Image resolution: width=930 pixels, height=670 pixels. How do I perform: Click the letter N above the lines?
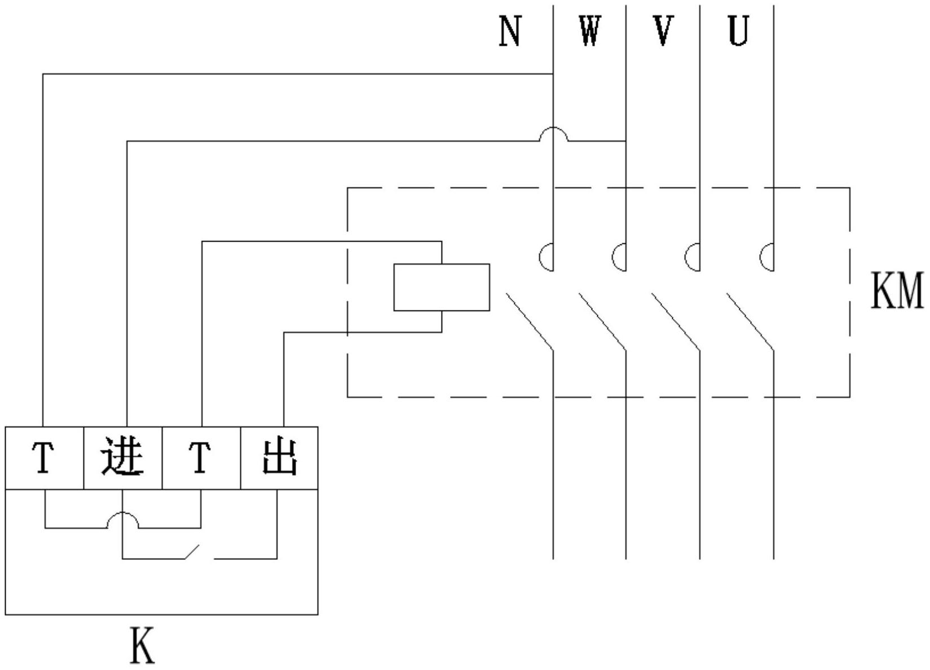510,32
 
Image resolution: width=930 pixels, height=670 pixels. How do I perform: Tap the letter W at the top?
589,32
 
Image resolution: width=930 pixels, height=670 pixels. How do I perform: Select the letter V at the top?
663,32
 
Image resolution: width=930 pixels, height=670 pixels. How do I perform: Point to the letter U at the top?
738,32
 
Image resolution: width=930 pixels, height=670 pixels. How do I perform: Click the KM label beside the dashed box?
897,290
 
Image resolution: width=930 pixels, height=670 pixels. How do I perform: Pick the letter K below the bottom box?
142,645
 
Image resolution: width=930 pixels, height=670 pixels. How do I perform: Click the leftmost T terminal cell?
44,458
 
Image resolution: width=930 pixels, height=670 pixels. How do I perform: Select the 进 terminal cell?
122,458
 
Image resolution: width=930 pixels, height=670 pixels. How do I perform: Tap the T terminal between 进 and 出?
201,458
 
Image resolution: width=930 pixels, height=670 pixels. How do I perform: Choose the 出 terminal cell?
279,458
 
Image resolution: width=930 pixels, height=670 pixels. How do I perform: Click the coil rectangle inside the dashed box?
442,287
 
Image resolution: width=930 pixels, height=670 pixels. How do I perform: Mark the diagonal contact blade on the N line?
529,321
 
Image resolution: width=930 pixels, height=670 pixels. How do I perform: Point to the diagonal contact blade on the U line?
750,321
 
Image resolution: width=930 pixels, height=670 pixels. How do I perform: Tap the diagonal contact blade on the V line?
676,321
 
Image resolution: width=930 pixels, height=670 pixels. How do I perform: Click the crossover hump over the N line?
553,133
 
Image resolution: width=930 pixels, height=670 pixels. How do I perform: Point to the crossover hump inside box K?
122,519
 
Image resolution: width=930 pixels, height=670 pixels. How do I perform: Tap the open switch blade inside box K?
192,552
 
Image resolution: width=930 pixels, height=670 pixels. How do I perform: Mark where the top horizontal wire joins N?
553,73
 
